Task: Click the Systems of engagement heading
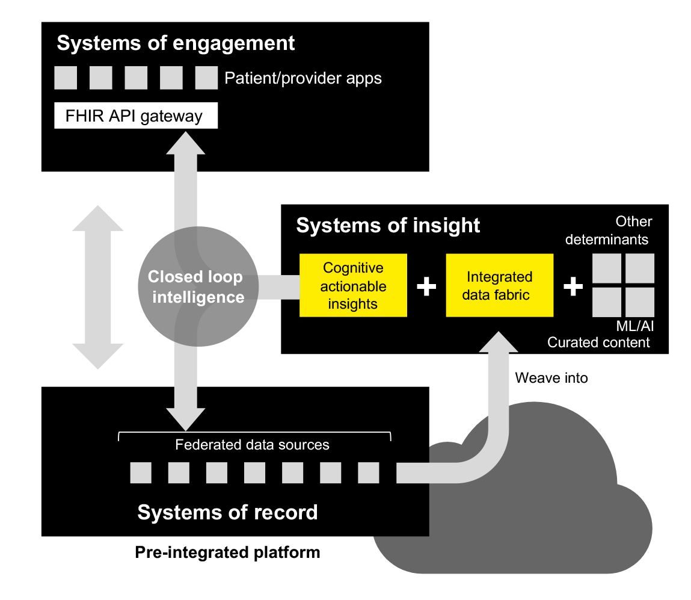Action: point(176,43)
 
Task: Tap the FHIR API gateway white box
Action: point(135,116)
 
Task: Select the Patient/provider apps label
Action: point(303,78)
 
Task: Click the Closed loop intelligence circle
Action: point(196,286)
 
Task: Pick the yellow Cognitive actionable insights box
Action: point(353,285)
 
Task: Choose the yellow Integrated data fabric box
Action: point(499,285)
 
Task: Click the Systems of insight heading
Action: point(388,225)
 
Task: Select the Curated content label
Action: point(598,342)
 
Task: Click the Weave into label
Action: point(551,378)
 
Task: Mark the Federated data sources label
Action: point(252,445)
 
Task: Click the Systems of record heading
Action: point(227,512)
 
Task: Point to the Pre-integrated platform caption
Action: point(227,552)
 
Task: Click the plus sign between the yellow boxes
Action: point(426,286)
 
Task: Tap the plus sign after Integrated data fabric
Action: point(573,286)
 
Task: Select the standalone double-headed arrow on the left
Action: point(97,286)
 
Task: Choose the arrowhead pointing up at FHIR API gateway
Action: point(186,142)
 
